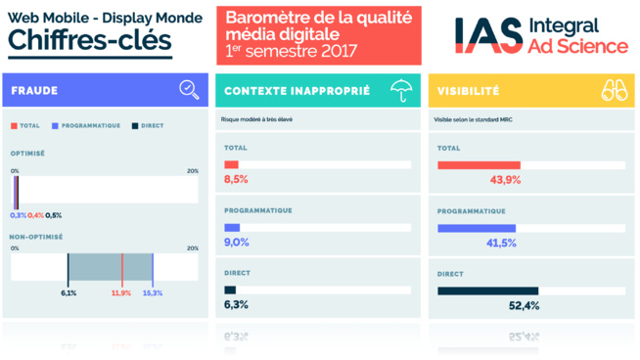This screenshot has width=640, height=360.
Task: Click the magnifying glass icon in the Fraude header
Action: [189, 90]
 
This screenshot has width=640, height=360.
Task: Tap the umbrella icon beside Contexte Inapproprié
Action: [400, 91]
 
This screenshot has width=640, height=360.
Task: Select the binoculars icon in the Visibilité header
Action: [614, 91]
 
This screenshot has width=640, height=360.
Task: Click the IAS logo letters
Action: [486, 35]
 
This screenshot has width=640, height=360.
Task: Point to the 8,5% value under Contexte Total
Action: [236, 180]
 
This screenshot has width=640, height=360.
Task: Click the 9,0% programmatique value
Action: [237, 243]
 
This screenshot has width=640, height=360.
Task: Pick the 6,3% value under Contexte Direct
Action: [236, 305]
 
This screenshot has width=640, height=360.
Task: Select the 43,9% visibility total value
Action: [505, 180]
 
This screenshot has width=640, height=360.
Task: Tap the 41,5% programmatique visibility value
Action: [501, 243]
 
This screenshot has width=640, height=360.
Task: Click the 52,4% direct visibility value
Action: [525, 305]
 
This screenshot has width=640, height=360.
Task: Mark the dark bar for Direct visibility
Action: [487, 291]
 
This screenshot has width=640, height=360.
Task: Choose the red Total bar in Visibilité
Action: [479, 165]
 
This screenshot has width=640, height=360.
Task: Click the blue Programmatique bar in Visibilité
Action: [476, 228]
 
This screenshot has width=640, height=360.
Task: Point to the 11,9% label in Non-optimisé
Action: [121, 292]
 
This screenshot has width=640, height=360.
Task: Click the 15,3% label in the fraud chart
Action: [153, 292]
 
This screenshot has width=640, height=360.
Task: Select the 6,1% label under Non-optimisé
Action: [69, 292]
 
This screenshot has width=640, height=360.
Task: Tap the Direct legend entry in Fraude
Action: [149, 126]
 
